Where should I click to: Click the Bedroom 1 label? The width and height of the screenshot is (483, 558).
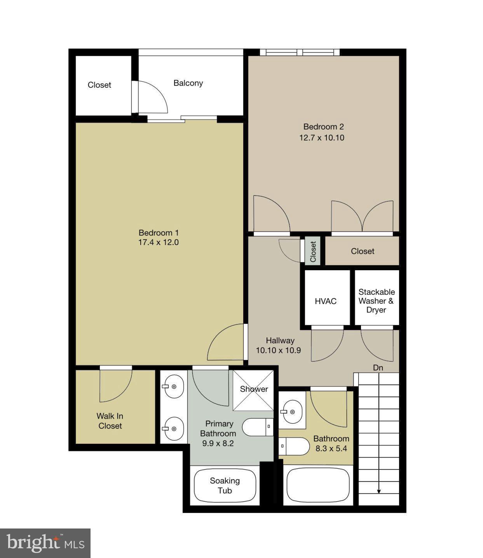click(x=159, y=233)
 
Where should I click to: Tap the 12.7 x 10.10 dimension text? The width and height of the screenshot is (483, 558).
click(x=321, y=138)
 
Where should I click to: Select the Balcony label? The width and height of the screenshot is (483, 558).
click(x=188, y=83)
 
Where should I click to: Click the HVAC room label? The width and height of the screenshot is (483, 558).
click(x=326, y=301)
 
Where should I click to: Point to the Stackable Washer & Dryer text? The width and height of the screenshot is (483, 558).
click(x=377, y=301)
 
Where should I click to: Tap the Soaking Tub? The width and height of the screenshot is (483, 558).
click(x=225, y=486)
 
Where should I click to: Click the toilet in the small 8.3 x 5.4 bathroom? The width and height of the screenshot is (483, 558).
click(x=294, y=446)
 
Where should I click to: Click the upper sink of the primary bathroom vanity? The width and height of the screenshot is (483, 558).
click(x=174, y=386)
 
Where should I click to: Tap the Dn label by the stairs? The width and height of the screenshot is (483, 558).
click(x=378, y=368)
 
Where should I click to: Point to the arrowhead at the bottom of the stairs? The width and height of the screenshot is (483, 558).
click(x=379, y=492)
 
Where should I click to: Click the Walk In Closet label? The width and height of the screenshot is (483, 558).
click(x=110, y=421)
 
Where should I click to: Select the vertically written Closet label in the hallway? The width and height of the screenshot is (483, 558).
click(x=313, y=251)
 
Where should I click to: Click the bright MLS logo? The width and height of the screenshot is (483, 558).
click(x=45, y=543)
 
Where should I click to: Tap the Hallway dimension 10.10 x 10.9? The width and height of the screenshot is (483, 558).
click(x=278, y=350)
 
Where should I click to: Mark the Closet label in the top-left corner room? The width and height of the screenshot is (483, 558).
click(x=99, y=85)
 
